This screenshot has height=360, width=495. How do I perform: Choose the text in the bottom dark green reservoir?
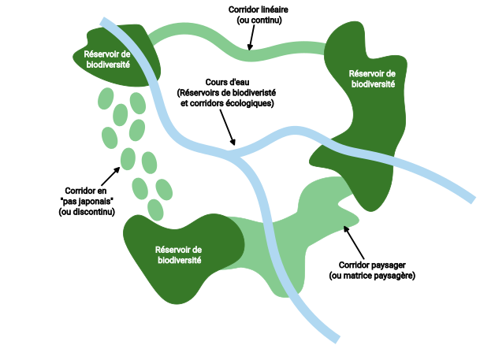(179, 254)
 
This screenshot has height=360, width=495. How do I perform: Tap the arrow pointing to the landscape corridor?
(354, 242)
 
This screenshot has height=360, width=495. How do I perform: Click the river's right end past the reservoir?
(471, 198)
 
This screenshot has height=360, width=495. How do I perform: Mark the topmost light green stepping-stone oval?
(105, 98)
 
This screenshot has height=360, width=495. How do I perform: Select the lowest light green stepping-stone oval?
(156, 209)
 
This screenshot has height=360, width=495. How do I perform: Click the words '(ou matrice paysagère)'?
(371, 276)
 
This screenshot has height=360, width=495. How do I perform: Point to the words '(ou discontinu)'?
(87, 213)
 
